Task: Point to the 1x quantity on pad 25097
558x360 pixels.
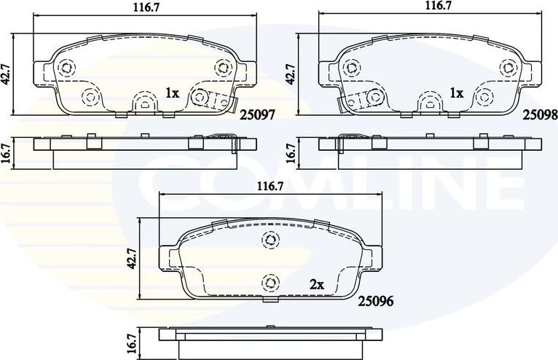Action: [x=172, y=93]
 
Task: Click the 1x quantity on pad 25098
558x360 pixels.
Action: [x=456, y=93]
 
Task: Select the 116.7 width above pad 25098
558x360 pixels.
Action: [x=438, y=6]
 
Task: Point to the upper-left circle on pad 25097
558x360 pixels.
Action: [x=66, y=67]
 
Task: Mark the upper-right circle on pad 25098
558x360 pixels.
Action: [x=506, y=67]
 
